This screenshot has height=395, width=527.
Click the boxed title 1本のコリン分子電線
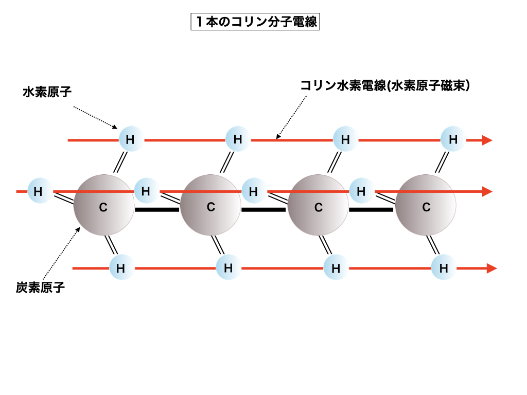(255, 23)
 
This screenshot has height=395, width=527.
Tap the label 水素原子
(47, 92)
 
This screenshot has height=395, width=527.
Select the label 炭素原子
(40, 287)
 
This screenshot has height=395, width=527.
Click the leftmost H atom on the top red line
(130, 139)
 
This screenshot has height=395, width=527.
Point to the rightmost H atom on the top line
(453, 139)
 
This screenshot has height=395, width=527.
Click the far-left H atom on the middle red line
(39, 191)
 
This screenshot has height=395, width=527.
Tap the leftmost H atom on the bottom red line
(120, 268)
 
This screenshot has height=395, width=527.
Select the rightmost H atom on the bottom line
(443, 268)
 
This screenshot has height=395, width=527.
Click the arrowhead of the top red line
(487, 140)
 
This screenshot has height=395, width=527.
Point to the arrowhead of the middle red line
(487, 191)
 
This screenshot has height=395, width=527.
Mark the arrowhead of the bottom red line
(491, 268)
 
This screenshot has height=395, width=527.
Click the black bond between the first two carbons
(157, 209)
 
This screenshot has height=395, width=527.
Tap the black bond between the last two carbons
(372, 209)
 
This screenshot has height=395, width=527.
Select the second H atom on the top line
(238, 139)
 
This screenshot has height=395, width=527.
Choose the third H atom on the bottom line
(336, 268)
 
